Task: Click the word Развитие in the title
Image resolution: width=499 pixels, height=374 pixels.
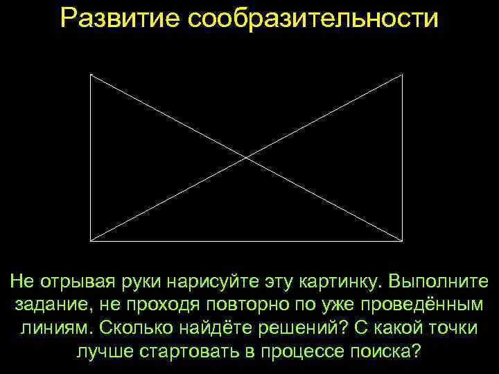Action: (x=117, y=19)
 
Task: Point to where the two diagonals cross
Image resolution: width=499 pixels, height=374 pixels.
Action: (x=247, y=158)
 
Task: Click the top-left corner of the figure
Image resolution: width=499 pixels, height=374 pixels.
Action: (x=91, y=75)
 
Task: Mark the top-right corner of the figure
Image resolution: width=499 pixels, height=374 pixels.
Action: (x=403, y=75)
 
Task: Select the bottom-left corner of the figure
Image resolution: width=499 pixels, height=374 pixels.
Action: (x=91, y=241)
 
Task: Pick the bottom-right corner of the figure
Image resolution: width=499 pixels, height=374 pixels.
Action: (x=403, y=241)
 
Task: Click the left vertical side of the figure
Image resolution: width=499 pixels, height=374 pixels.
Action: (x=91, y=158)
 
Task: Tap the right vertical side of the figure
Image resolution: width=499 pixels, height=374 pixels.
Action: (x=403, y=158)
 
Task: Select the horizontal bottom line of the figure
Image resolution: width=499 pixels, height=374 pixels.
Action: (x=247, y=241)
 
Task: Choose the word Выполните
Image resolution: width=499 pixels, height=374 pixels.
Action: (x=438, y=283)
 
